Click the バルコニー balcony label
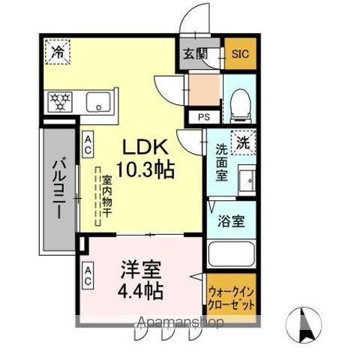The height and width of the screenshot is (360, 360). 57,188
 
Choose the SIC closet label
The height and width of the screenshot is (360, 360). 239,55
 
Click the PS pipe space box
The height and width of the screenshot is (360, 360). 203,117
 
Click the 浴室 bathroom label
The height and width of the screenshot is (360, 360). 230,223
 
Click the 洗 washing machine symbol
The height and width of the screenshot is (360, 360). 244,141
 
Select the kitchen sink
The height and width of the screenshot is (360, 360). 98,100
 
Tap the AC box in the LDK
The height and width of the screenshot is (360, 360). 88,145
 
